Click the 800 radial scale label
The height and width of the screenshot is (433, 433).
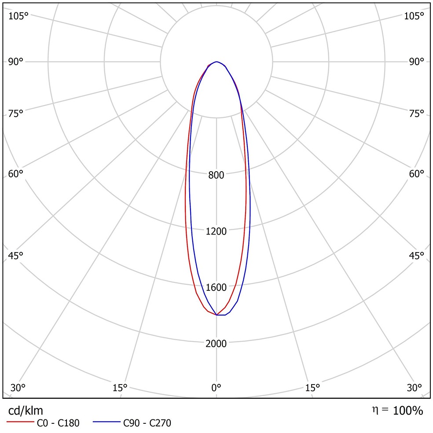tap(216, 175)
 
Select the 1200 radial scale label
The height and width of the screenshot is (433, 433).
tap(216, 231)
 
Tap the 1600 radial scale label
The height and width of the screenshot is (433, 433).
tap(216, 288)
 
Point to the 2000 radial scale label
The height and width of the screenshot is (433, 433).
tap(216, 344)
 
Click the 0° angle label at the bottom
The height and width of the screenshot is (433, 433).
tap(216, 388)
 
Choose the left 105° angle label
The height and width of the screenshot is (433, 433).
tap(18, 16)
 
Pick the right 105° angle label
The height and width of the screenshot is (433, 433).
tap(414, 16)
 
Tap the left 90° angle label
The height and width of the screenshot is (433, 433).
tap(16, 61)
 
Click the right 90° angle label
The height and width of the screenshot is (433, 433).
tap(416, 61)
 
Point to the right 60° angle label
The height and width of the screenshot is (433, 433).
tap(416, 174)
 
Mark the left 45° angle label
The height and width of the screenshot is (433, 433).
tap(16, 256)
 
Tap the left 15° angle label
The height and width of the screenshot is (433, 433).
tap(120, 388)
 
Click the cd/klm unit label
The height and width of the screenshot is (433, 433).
tap(26, 411)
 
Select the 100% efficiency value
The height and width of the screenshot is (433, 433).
tap(408, 411)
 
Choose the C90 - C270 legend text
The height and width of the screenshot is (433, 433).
tap(147, 424)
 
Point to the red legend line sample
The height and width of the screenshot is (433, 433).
tap(20, 422)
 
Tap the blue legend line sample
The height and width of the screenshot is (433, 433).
tap(106, 422)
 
